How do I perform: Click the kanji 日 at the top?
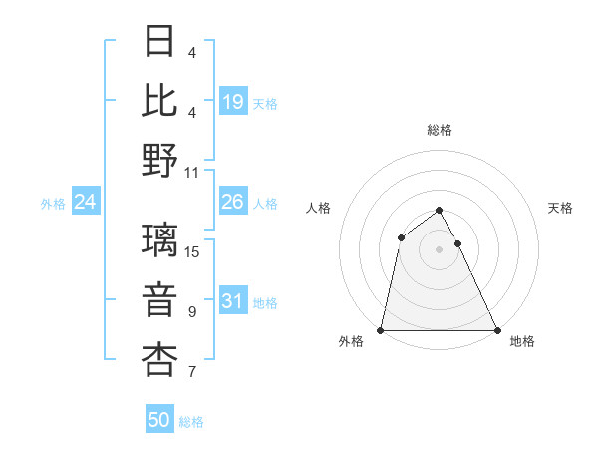(x=160, y=42)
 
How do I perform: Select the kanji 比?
(x=160, y=101)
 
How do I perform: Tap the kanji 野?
(x=160, y=160)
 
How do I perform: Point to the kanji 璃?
(x=160, y=241)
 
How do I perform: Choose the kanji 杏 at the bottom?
(x=160, y=360)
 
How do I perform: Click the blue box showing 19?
(x=233, y=102)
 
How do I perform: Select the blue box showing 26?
(x=233, y=203)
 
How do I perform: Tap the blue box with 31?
(x=233, y=302)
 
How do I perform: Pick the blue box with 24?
(x=85, y=203)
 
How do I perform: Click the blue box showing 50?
(x=159, y=421)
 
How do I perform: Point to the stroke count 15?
(x=193, y=252)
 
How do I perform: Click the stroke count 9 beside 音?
(x=192, y=312)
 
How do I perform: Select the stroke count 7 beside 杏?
(x=192, y=372)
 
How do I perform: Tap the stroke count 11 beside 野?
(x=193, y=172)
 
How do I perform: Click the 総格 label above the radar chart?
(x=439, y=131)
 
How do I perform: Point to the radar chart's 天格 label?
(x=560, y=208)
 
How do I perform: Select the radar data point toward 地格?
(x=496, y=330)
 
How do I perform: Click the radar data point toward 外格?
(x=381, y=330)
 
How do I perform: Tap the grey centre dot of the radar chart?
(x=439, y=248)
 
